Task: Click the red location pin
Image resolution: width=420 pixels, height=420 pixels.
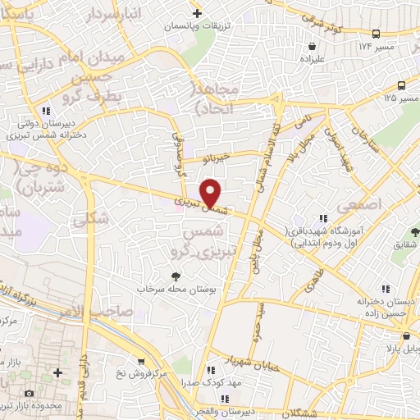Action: (212, 192)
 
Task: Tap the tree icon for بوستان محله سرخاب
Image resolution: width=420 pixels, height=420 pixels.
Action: (175, 276)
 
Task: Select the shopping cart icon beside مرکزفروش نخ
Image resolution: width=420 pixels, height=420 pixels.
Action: (141, 362)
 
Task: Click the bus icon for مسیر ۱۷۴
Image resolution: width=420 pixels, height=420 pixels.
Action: (376, 34)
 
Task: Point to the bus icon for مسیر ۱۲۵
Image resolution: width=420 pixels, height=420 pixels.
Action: (401, 85)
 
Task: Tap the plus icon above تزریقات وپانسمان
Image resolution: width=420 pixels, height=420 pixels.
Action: (197, 13)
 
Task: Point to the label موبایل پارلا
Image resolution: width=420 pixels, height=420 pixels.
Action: (396, 346)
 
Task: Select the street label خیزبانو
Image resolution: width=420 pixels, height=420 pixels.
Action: (226, 157)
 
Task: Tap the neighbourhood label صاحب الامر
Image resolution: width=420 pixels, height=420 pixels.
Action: (94, 309)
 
